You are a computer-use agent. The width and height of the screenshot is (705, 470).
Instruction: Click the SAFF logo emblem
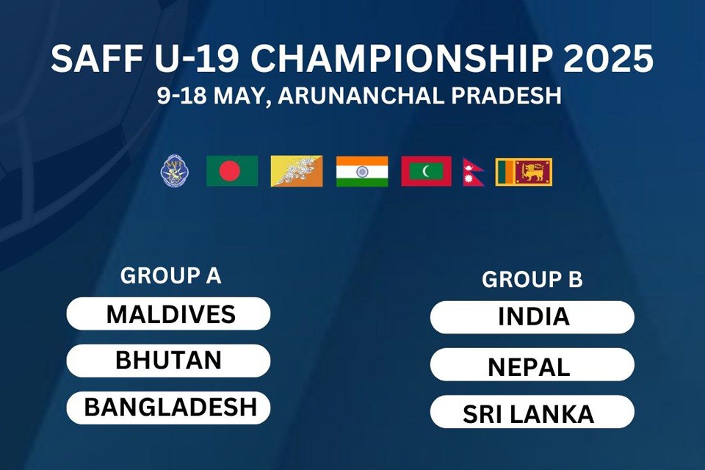(x=175, y=171)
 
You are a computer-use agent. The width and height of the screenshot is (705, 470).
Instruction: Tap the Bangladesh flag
(x=232, y=171)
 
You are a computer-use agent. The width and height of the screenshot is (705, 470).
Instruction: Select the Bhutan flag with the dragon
(x=297, y=171)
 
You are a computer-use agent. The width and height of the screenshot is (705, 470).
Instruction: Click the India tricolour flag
(x=362, y=171)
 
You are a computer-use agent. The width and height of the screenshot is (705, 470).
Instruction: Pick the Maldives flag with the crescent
(x=426, y=171)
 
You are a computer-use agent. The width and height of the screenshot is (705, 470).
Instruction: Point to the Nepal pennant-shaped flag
(x=472, y=173)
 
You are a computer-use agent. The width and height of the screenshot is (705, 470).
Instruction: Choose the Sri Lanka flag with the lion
(x=524, y=172)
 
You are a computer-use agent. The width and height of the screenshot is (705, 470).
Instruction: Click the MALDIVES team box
(x=168, y=314)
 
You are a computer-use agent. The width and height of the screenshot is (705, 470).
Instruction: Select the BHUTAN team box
(x=168, y=361)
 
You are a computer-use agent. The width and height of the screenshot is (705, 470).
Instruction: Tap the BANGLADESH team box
(x=168, y=408)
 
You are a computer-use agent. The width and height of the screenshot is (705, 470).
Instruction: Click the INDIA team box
(x=532, y=317)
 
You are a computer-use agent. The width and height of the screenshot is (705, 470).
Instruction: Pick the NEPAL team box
(x=532, y=364)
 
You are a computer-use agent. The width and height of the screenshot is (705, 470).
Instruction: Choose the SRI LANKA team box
(x=532, y=411)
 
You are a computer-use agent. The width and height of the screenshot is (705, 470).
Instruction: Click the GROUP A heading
(x=171, y=275)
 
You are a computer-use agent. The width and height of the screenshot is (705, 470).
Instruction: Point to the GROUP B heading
(x=532, y=279)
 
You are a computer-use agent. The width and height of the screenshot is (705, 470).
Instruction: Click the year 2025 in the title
(x=608, y=59)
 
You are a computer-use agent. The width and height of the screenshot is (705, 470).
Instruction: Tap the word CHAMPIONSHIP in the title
(x=402, y=59)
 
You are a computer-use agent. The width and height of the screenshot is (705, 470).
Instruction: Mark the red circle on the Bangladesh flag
(x=230, y=171)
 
